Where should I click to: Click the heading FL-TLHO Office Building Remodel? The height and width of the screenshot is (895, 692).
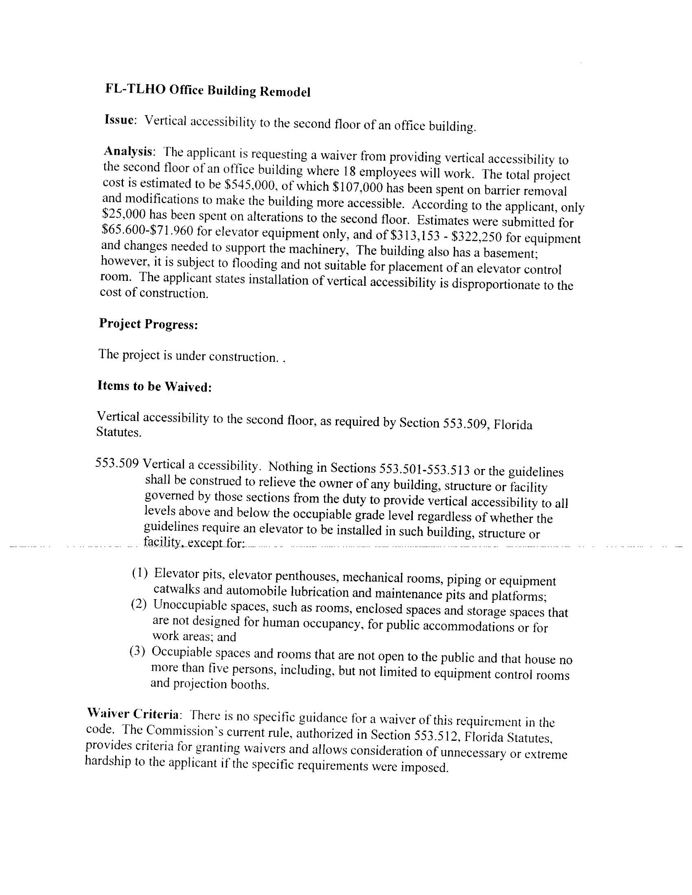tap(208, 91)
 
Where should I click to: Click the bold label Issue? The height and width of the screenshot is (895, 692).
tap(120, 120)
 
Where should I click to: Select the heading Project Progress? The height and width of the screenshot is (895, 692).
tap(149, 324)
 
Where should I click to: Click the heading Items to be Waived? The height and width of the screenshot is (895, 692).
tap(154, 386)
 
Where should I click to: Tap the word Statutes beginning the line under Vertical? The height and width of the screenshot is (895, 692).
tap(119, 432)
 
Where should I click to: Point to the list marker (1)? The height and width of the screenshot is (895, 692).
tap(139, 573)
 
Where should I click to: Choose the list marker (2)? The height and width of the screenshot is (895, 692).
tap(138, 604)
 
